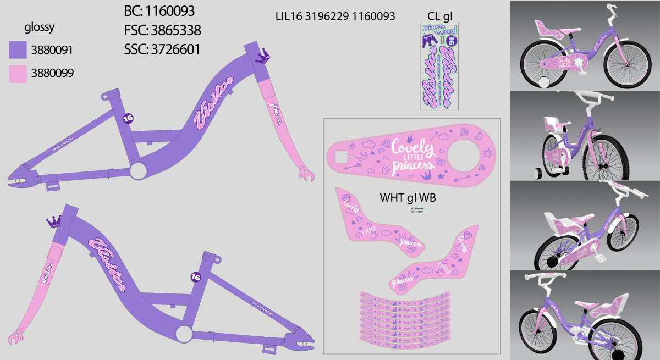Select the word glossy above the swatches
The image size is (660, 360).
[x=40, y=28]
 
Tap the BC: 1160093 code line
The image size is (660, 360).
[x=159, y=11]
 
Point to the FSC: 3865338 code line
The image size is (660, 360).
[x=162, y=30]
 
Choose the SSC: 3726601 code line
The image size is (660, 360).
[x=162, y=49]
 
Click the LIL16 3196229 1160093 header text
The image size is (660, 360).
[x=335, y=16]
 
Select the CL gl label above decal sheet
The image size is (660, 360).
[x=440, y=15]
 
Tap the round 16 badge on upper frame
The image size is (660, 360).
[x=128, y=118]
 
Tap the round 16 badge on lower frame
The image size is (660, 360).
[x=195, y=277]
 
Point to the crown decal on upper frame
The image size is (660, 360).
[x=265, y=56]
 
